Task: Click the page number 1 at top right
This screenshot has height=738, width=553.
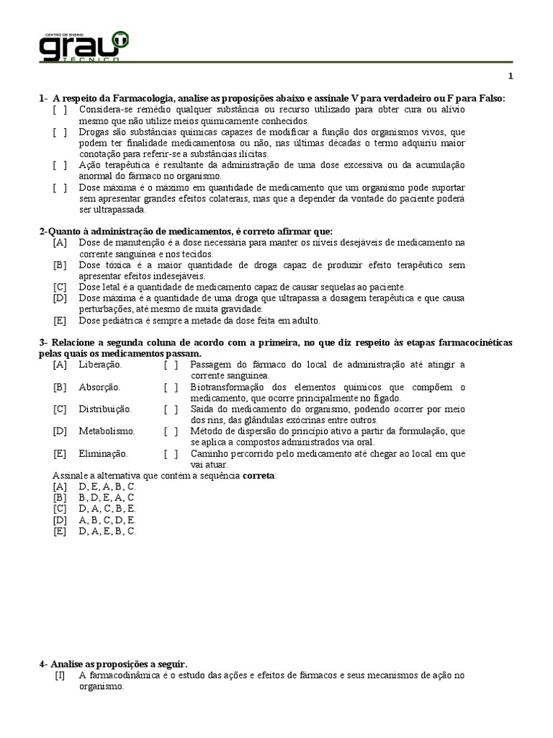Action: pyautogui.click(x=511, y=77)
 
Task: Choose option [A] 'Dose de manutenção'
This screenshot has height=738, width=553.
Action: pyautogui.click(x=60, y=243)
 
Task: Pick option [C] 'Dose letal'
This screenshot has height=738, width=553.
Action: pyautogui.click(x=60, y=287)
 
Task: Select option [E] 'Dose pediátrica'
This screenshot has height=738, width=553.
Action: pyautogui.click(x=60, y=321)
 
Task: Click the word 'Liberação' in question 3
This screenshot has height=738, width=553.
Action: pyautogui.click(x=100, y=365)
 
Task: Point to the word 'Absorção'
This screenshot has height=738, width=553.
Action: pyautogui.click(x=99, y=387)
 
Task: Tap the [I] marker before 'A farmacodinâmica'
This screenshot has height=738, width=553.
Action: pyautogui.click(x=60, y=675)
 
